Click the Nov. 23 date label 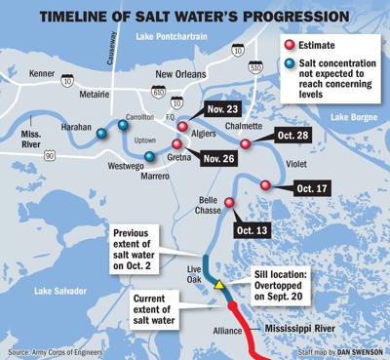[219, 110]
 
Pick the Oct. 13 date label [251, 230]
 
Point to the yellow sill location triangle [220, 285]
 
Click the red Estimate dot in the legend [290, 45]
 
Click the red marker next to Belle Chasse [229, 203]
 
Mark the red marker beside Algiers [182, 126]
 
